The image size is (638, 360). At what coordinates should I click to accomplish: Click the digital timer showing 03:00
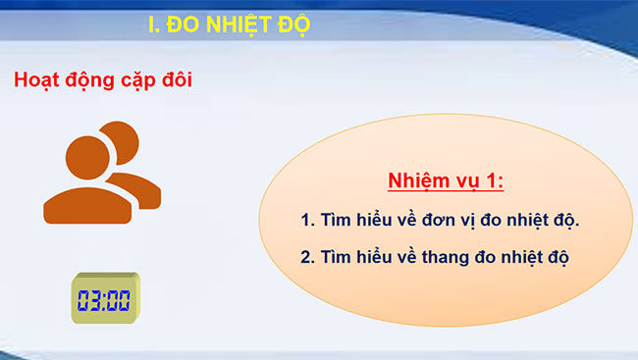[x=105, y=299]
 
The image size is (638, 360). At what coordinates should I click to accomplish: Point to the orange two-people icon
[x=100, y=172]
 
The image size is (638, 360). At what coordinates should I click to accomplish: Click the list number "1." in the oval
[x=307, y=220]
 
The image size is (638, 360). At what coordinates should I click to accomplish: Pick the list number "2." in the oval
[x=307, y=257]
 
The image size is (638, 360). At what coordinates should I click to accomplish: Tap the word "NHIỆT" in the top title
[x=237, y=25]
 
